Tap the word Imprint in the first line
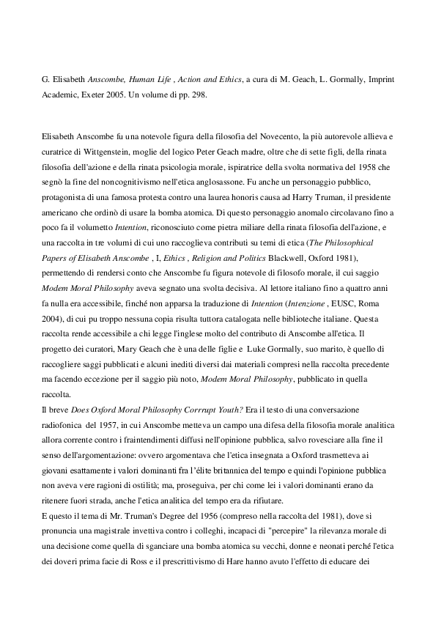[380, 90]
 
